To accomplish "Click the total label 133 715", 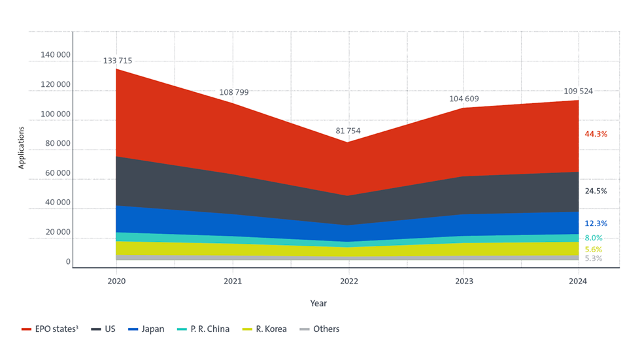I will tap(118, 61).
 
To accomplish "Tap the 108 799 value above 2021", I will tap(234, 93).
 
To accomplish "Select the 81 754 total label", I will tap(348, 131).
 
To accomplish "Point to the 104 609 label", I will tap(464, 99).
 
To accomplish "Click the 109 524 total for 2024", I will tap(579, 91).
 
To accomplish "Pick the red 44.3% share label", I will tap(596, 134).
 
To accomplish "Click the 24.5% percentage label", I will tap(596, 191).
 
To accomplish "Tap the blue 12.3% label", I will tap(596, 223).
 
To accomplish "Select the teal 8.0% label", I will tap(594, 238).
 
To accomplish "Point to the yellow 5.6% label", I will tap(594, 250).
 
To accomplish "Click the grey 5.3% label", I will tap(594, 259).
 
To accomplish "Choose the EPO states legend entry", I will tap(50, 329).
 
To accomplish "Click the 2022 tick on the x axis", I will tap(348, 282).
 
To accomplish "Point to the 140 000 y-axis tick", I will tap(56, 55).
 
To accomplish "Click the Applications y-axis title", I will tap(21, 148).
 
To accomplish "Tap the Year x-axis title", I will tap(318, 303).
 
